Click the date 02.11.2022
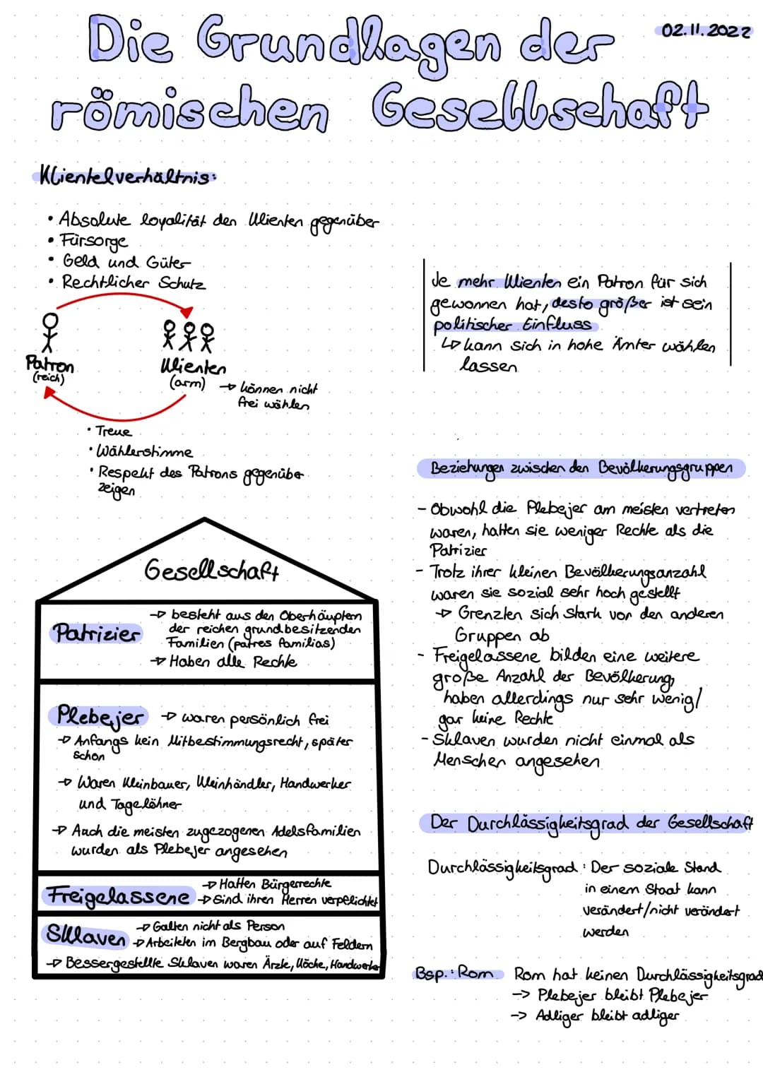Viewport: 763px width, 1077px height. click(x=704, y=30)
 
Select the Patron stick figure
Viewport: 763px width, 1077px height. click(x=49, y=331)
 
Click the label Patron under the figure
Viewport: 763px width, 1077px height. click(x=49, y=364)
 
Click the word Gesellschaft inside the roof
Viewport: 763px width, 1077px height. click(x=212, y=569)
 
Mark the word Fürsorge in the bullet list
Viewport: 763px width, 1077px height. click(x=94, y=241)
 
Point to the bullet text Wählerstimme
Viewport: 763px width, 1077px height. click(x=143, y=451)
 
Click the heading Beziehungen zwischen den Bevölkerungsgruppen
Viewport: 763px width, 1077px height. click(x=581, y=469)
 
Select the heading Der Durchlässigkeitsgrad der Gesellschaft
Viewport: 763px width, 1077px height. click(x=591, y=823)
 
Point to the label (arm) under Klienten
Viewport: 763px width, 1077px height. click(x=187, y=383)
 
